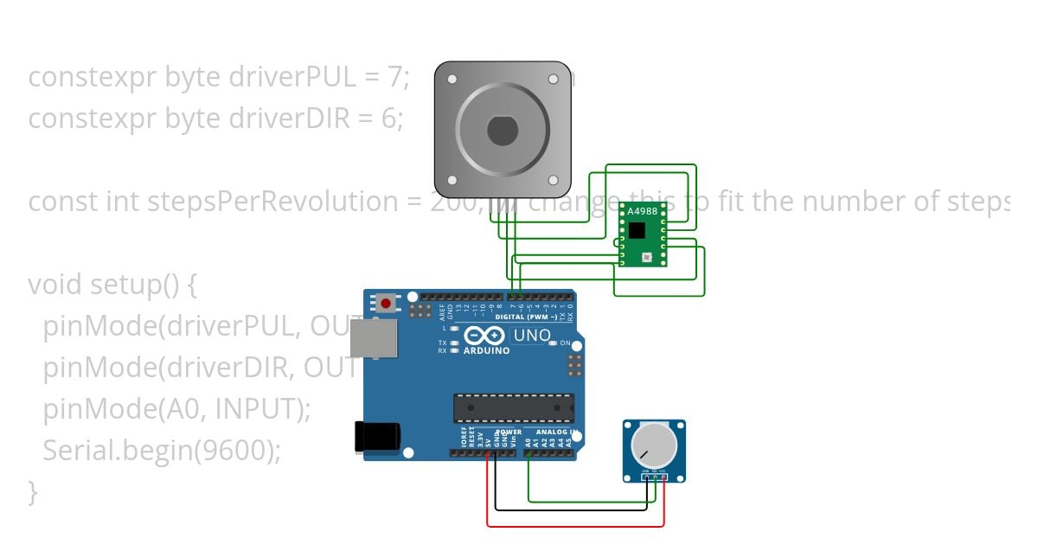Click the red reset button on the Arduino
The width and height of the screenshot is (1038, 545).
tap(385, 304)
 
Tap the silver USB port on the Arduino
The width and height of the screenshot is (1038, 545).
tap(374, 338)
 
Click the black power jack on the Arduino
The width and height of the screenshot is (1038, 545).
tap(377, 436)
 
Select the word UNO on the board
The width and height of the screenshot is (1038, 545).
tap(532, 336)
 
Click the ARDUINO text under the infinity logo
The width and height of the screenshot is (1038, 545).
tap(486, 350)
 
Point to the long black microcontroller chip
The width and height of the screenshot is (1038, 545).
tap(514, 408)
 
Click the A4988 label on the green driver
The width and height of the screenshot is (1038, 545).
tap(642, 211)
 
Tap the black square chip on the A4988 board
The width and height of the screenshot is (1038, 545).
tap(638, 230)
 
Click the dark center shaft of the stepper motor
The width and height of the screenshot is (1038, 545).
tap(502, 131)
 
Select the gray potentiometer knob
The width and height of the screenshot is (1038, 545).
tap(654, 446)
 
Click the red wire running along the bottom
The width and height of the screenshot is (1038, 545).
tap(575, 525)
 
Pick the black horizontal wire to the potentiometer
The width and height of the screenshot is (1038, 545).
tap(571, 510)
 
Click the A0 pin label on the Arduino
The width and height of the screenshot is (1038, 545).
tap(529, 442)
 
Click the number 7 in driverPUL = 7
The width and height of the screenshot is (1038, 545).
tap(395, 78)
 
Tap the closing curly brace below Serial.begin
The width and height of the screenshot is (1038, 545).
tap(33, 492)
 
